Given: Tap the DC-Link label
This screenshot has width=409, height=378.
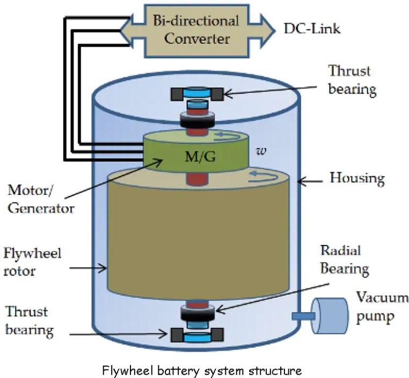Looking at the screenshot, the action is (x=312, y=28).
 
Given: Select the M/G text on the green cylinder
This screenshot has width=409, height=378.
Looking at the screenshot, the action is (x=200, y=157).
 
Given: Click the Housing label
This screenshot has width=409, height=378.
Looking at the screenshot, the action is (x=357, y=178).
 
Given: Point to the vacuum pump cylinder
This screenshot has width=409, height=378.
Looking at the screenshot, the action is (x=331, y=316).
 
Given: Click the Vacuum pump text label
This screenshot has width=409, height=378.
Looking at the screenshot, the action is (x=382, y=307).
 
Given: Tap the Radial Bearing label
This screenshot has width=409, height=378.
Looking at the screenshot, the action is (x=344, y=259).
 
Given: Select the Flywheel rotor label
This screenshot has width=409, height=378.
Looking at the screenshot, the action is (x=32, y=262).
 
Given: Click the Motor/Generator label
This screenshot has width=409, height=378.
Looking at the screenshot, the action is (x=41, y=199).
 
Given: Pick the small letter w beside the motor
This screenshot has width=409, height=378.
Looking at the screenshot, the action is (x=261, y=151).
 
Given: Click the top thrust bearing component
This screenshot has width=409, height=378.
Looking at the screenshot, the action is (x=197, y=94).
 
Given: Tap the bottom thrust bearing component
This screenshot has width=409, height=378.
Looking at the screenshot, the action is (x=197, y=335).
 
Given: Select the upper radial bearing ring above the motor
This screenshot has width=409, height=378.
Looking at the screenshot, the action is (x=198, y=120).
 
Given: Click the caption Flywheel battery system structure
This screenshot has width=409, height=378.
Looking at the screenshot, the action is (x=202, y=370).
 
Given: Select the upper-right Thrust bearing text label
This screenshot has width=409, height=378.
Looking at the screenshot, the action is (x=352, y=80).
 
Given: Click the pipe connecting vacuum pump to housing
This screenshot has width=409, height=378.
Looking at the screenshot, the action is (x=303, y=316).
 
